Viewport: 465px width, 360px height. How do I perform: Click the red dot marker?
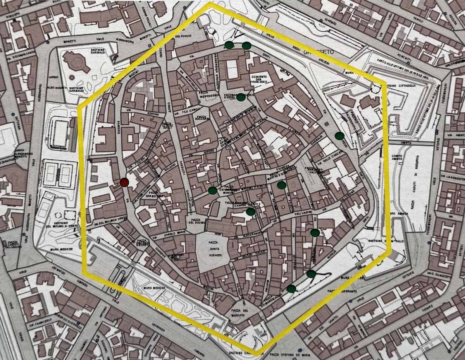click(x=124, y=182)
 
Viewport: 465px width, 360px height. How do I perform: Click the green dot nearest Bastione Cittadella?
click(x=339, y=135)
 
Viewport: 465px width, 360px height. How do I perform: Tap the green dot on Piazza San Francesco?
click(x=241, y=97)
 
